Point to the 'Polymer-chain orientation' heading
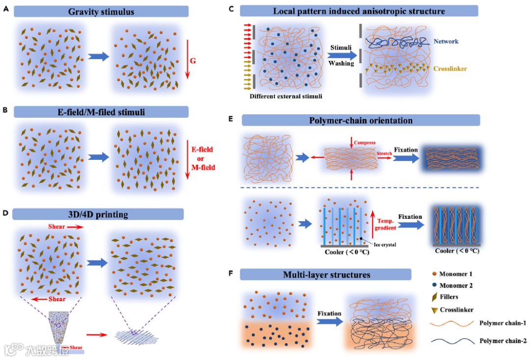point(361,121)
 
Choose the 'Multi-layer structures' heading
point(326,275)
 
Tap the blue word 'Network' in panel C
point(446,41)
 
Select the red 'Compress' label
point(364,143)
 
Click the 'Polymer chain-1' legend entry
point(501,323)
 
